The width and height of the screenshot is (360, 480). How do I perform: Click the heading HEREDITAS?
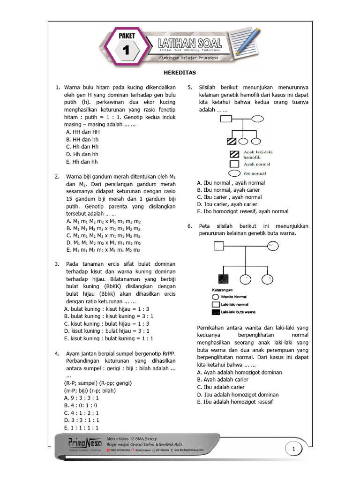[x=180, y=73]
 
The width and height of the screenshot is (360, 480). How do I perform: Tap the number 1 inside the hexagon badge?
[x=125, y=50]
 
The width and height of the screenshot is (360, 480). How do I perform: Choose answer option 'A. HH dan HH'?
[x=83, y=132]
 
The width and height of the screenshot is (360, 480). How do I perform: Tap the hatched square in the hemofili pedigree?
[x=231, y=141]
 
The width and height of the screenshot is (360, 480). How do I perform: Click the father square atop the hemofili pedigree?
[x=228, y=119]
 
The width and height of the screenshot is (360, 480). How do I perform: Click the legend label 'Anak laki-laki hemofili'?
[x=258, y=155]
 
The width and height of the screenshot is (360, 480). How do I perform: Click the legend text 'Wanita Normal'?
[x=233, y=297]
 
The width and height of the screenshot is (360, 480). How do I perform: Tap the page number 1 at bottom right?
[x=294, y=450]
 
